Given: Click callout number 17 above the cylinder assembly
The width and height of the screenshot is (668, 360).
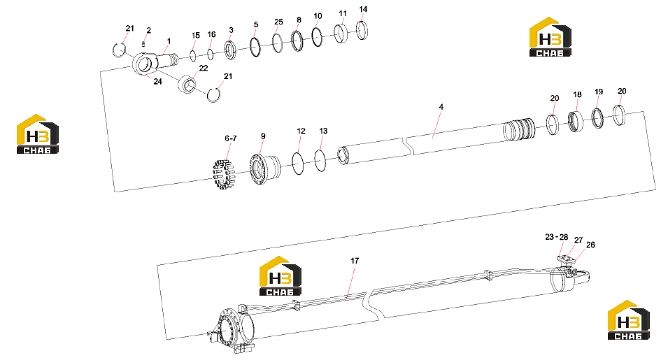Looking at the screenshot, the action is click(355, 261).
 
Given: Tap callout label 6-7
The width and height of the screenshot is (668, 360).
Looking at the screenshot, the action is click(230, 138).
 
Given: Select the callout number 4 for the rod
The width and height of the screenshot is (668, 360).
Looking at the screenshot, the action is click(441, 107).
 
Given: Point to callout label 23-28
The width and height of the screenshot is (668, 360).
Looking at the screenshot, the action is click(556, 237).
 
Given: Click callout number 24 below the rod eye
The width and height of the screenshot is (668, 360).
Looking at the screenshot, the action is click(157, 81).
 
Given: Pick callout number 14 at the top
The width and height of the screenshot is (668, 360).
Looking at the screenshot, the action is click(363, 9).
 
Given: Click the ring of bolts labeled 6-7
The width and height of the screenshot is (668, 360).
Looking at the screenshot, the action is click(224, 173).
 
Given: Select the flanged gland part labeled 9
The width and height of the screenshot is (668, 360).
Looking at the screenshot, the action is click(264, 169).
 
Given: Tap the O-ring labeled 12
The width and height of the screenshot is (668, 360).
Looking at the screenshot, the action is click(298, 164).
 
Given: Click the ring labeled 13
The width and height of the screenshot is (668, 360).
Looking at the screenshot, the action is click(320, 160).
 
